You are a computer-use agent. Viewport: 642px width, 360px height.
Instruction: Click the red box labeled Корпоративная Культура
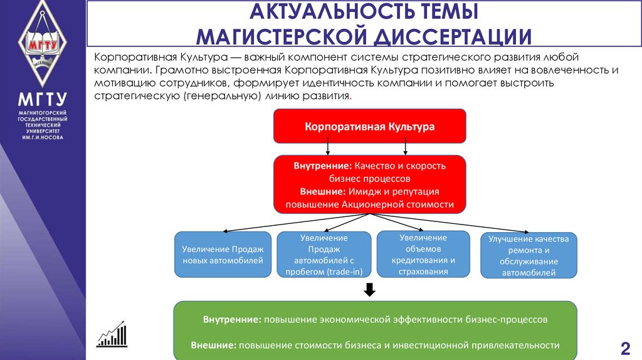[x=369, y=126]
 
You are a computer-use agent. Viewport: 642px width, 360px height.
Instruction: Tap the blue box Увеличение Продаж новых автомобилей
[x=223, y=254]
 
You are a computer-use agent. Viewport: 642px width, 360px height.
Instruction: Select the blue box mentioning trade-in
[x=324, y=255]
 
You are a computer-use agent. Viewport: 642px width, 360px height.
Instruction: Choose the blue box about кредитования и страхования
[x=423, y=254]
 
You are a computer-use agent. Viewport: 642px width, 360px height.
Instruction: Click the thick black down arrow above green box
[x=369, y=290]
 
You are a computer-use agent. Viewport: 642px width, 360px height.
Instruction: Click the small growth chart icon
[x=112, y=336]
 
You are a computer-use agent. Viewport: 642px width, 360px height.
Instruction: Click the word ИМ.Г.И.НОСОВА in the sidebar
[x=43, y=137]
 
